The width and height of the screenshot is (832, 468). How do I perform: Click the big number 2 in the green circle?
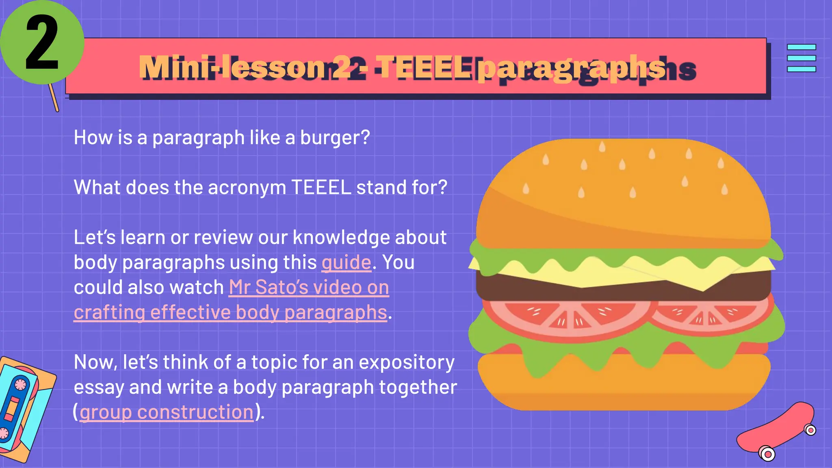coord(42,43)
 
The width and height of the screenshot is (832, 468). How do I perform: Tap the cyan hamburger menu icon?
coord(801,58)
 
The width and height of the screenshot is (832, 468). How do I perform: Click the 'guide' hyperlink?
coord(347,262)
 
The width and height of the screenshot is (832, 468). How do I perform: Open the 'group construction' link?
coord(167,412)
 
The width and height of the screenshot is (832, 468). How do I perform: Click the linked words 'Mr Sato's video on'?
coord(309,287)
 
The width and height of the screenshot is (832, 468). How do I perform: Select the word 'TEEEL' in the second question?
coord(321,188)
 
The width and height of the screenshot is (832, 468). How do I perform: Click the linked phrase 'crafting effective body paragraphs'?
coord(230,312)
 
